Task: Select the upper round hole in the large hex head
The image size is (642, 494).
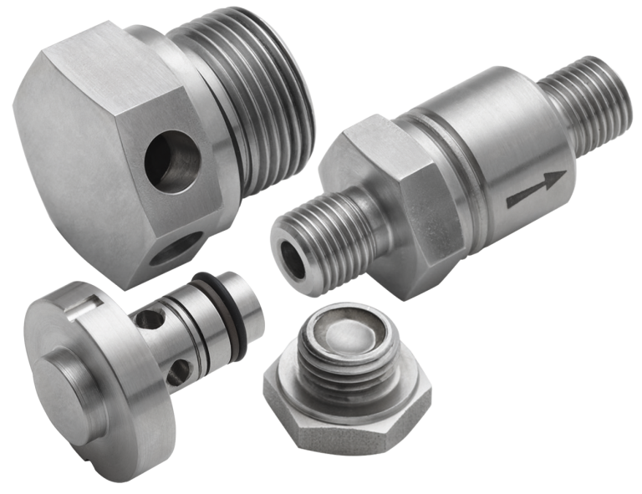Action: (171, 162)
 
